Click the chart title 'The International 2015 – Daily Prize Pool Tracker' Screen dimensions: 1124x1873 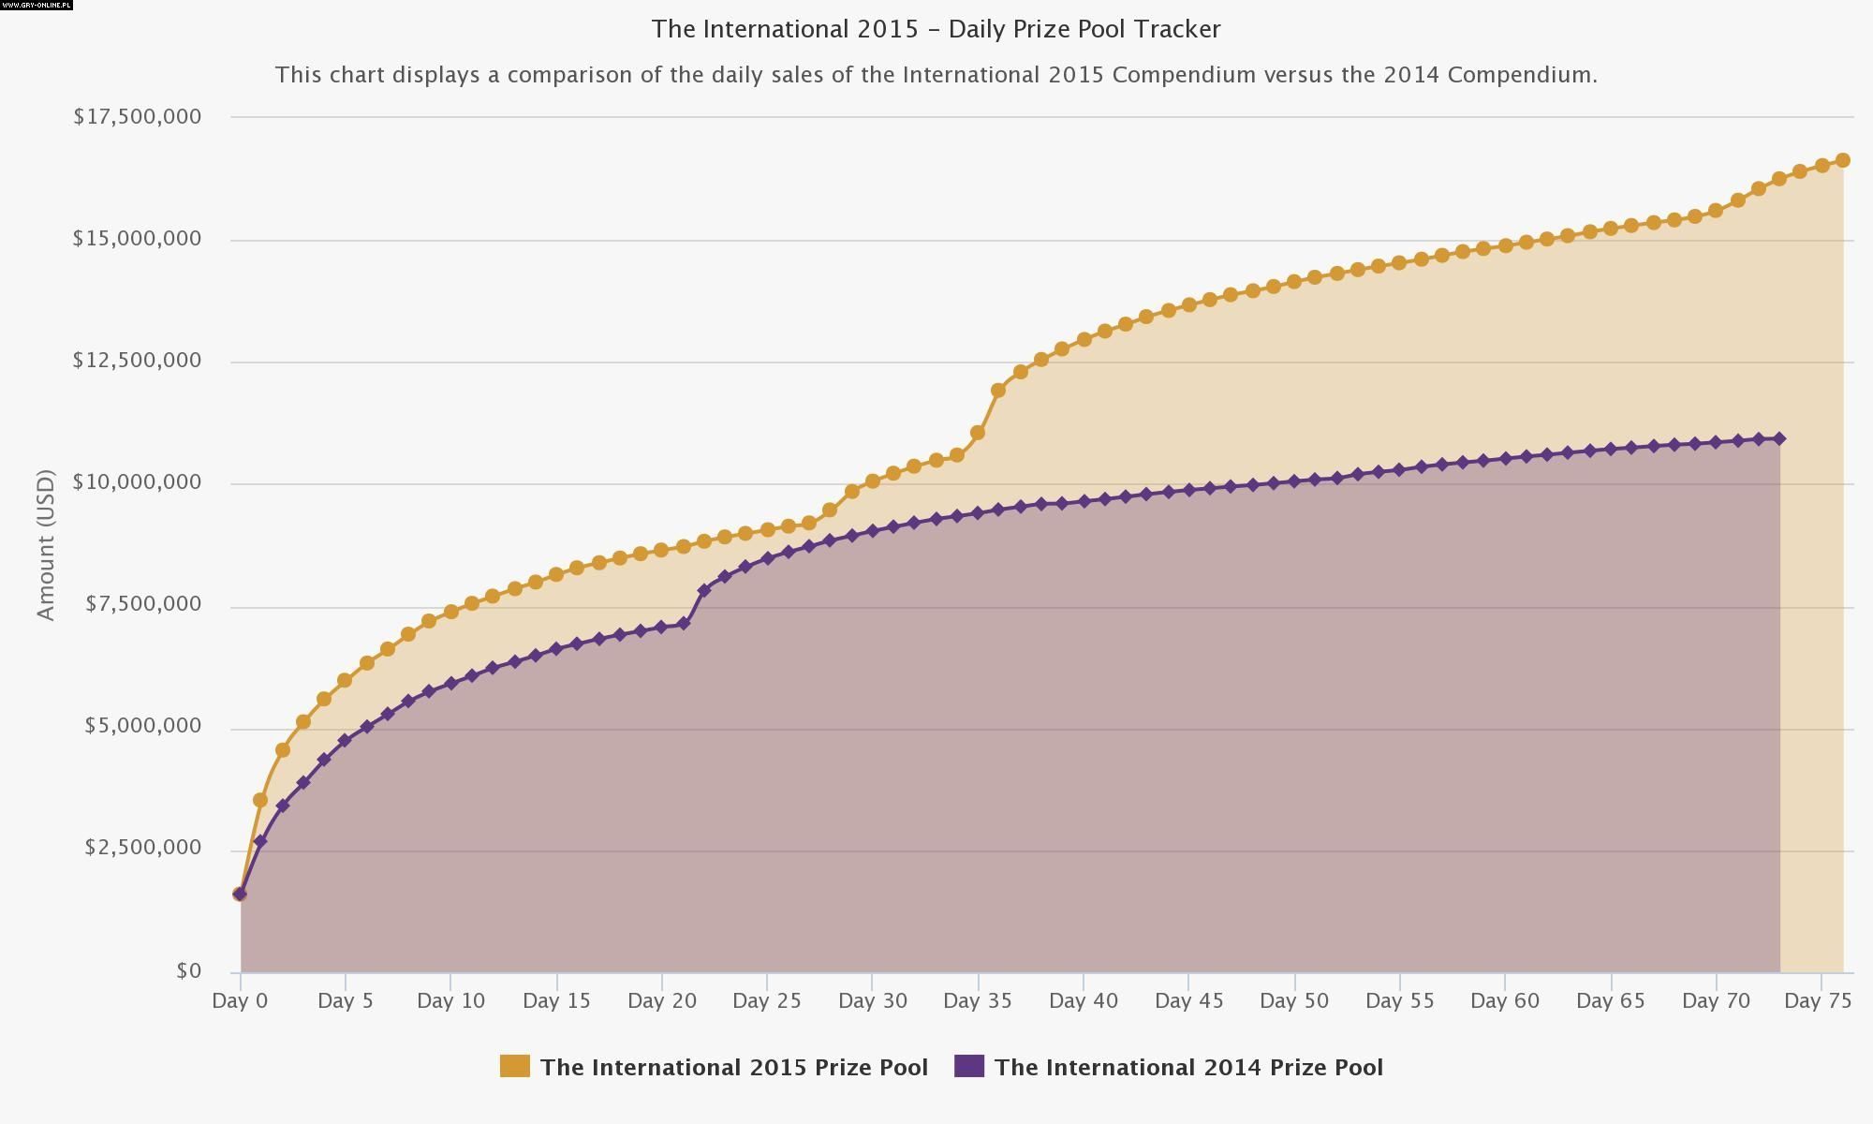(936, 29)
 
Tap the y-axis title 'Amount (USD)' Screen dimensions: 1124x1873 (46, 544)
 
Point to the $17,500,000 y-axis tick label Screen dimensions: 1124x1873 (137, 116)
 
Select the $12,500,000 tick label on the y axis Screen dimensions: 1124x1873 (137, 361)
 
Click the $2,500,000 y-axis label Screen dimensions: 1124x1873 (142, 848)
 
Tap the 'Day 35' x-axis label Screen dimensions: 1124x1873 (977, 1000)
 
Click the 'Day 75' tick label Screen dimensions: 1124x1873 (1818, 1000)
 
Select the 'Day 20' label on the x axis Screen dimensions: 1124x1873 (662, 1000)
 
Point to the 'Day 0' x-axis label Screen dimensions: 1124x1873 (240, 1000)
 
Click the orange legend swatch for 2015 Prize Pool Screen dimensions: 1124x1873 (514, 1066)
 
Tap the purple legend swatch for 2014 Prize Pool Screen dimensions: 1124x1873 (969, 1066)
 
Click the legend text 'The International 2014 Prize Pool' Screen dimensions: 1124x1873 (1188, 1068)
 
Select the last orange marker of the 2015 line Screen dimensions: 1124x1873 (1842, 160)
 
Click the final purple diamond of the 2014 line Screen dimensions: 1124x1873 (1779, 438)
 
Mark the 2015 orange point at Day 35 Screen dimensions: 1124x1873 (978, 433)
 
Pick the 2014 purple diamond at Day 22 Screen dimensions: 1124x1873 (704, 590)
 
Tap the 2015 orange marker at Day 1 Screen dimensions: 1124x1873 (260, 800)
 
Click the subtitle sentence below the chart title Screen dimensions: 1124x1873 (936, 75)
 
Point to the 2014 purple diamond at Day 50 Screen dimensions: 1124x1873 (1294, 481)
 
